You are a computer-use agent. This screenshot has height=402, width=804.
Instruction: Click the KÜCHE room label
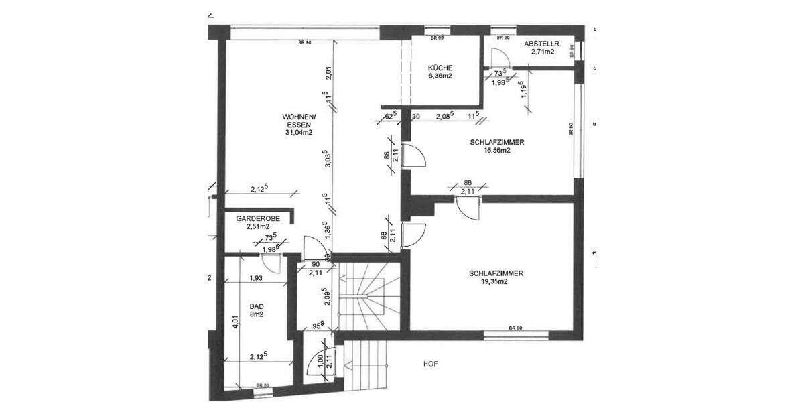(x=440, y=68)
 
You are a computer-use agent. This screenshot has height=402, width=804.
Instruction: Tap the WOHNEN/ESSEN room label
(x=298, y=121)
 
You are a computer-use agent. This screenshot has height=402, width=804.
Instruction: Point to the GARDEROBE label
(x=253, y=219)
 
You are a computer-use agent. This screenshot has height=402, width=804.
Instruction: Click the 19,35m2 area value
(x=496, y=282)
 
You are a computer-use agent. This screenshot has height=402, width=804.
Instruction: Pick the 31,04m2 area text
(x=298, y=133)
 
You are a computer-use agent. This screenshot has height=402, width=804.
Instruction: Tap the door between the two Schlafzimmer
(x=467, y=208)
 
